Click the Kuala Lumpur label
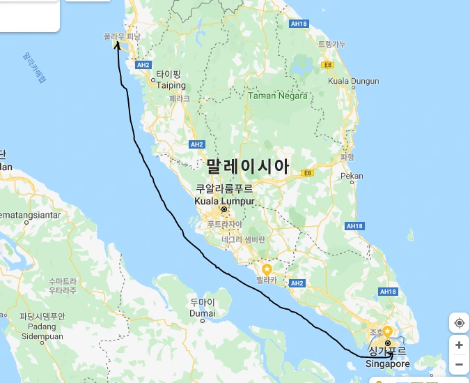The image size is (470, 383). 224,201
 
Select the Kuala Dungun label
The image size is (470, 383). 354,81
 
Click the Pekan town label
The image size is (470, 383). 352,176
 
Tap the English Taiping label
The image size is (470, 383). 171,85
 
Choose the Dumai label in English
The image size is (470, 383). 201,313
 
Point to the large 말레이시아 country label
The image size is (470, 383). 247,166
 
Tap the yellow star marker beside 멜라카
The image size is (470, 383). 266,269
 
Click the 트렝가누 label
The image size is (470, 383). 331,44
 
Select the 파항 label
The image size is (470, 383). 347,158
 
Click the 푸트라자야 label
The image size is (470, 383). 225,225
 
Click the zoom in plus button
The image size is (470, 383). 459,345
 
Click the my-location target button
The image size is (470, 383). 459,322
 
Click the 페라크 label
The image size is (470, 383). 179,98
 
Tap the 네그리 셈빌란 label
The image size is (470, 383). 243,239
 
